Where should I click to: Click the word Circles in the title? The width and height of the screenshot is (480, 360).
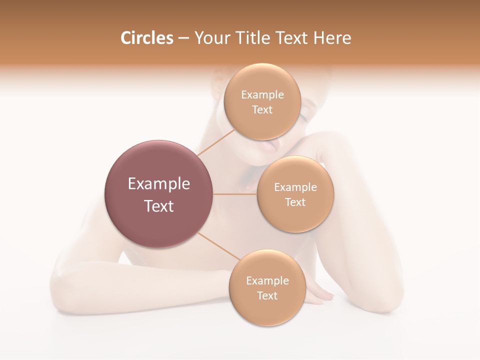point(146,38)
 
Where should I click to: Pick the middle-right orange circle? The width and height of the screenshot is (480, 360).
point(295,220)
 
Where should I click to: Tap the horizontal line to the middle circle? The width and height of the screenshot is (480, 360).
point(235,194)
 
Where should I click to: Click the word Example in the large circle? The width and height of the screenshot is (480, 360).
point(159,184)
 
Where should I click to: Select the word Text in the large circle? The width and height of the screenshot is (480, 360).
point(159,206)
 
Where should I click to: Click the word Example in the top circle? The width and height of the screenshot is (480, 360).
point(262,95)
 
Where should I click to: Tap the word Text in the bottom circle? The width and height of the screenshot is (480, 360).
point(267,296)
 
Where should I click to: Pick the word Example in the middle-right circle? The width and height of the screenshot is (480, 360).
point(295,187)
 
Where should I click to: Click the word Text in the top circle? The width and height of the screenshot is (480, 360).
point(262,110)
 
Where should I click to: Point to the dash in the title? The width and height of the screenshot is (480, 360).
point(183,38)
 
